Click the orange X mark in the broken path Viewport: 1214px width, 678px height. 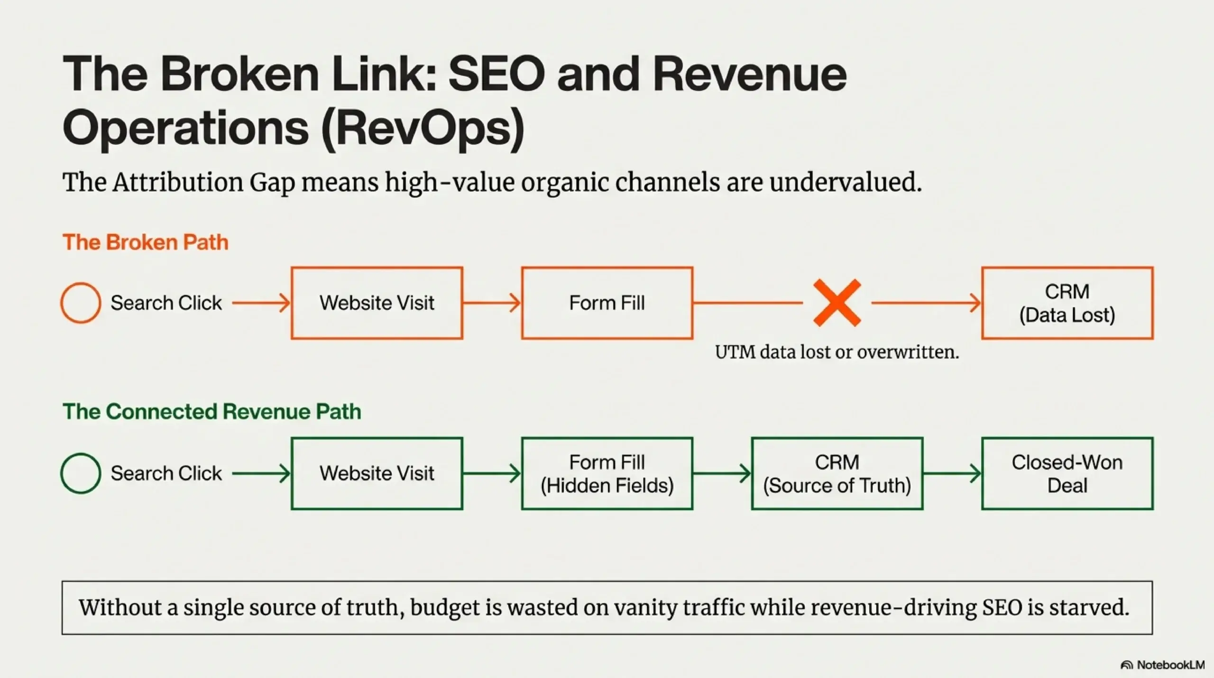837,303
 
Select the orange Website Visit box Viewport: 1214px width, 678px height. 377,303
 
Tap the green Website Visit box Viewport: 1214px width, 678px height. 377,474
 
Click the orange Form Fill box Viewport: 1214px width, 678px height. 607,303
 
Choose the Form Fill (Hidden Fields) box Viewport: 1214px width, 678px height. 607,474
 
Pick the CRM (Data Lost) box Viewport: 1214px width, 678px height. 1067,303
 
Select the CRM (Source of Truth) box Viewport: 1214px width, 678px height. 837,474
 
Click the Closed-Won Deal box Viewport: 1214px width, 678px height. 1067,474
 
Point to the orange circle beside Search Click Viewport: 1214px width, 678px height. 81,303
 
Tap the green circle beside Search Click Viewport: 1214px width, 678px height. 81,474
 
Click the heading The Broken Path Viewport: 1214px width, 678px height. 146,242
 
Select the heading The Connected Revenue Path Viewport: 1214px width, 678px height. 212,411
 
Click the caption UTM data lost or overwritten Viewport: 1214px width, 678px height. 837,352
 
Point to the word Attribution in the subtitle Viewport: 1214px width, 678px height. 177,183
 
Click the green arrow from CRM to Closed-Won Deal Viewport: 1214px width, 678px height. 952,474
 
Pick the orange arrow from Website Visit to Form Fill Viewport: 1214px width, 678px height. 492,303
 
